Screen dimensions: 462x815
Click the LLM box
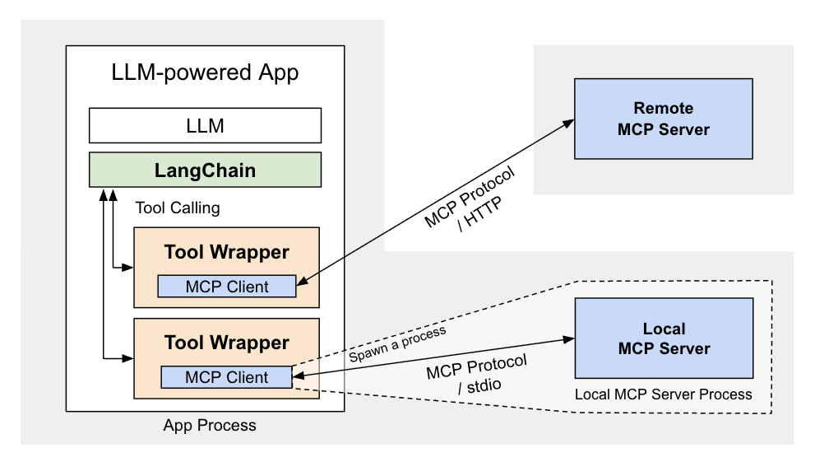(x=205, y=126)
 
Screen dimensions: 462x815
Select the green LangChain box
(x=205, y=170)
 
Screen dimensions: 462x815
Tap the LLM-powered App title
(x=205, y=73)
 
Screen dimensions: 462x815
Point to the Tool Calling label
(x=177, y=208)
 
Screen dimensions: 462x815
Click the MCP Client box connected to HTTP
(x=226, y=287)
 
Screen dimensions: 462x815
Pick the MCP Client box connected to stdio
(x=226, y=377)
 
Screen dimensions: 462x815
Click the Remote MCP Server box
(x=663, y=119)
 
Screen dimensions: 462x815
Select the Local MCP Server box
(x=663, y=338)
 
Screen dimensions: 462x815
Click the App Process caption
(x=210, y=426)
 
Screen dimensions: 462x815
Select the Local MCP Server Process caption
(x=663, y=394)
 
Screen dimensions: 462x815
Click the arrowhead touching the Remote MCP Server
(x=568, y=124)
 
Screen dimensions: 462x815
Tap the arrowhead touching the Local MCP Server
(x=567, y=338)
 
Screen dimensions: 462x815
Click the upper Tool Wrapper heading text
(x=226, y=251)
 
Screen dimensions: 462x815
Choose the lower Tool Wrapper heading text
(x=226, y=342)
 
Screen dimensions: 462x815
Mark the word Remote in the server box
(x=663, y=108)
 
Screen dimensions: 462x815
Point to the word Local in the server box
(x=663, y=329)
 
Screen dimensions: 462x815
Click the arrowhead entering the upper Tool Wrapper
(x=128, y=268)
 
